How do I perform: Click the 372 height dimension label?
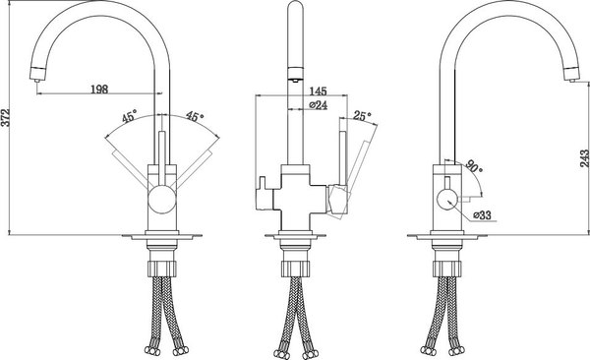tap(5, 118)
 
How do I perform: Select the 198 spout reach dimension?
tap(99, 90)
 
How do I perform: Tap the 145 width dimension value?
tap(319, 91)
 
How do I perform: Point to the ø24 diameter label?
tap(319, 105)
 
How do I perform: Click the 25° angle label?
tap(362, 116)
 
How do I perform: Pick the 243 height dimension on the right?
tap(584, 158)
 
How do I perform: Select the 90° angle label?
tap(474, 166)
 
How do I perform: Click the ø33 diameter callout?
tap(482, 215)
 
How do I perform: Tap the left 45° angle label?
tap(130, 116)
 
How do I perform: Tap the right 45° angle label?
tap(195, 116)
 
